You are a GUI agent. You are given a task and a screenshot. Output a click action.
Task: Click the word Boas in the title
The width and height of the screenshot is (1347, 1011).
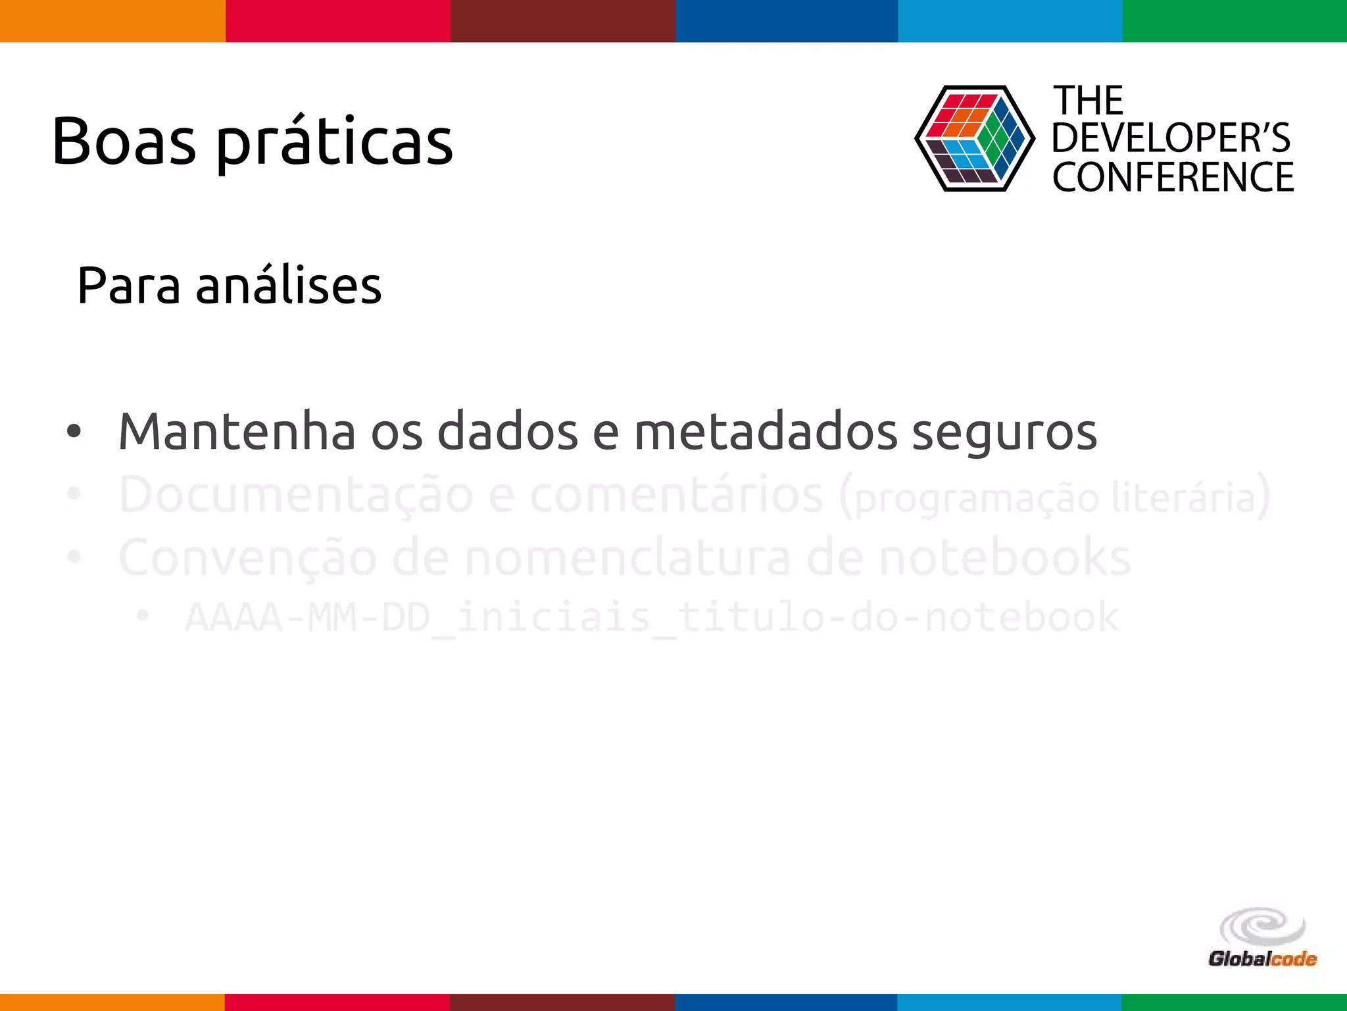tap(124, 142)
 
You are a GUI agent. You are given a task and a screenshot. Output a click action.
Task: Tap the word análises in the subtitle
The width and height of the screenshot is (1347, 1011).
tap(289, 286)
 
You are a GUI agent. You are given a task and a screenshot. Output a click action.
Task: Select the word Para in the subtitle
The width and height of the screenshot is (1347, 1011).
tap(129, 286)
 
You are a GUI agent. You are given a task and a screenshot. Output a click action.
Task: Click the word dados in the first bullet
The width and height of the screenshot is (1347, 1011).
tap(507, 432)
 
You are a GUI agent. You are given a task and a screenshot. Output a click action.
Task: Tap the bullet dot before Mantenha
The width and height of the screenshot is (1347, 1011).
tap(74, 432)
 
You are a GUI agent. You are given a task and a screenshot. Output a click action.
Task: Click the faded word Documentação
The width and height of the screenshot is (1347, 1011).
tap(296, 495)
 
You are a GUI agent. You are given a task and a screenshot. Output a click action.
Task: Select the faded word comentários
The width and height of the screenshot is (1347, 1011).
tap(677, 495)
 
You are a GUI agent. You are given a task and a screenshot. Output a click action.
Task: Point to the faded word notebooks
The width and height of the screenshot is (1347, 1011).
tap(1005, 557)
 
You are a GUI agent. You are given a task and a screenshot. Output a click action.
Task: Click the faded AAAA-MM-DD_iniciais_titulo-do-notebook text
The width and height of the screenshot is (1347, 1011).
tap(651, 617)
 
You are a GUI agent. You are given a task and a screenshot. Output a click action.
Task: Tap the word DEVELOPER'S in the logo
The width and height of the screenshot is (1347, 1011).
tap(1171, 138)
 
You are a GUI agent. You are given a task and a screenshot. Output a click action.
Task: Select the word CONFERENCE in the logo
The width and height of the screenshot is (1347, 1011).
tap(1173, 177)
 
